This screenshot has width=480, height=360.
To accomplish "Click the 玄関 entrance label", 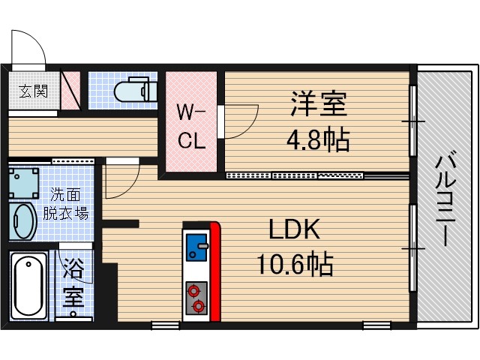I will tap(32, 92).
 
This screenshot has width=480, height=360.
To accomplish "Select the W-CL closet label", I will tap(190, 127).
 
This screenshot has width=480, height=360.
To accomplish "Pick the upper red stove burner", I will tap(196, 290).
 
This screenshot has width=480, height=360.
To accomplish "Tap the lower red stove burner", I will tap(197, 305).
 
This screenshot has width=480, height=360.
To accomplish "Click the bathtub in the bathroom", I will tap(28, 284).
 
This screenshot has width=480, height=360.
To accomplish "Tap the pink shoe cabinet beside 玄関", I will tap(70, 91).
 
